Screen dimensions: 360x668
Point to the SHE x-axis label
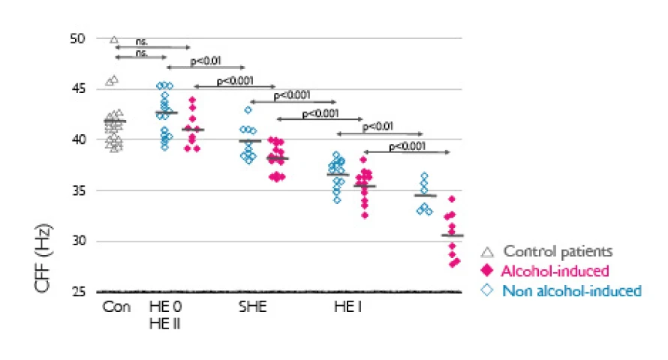click(251, 307)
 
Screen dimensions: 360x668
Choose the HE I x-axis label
click(348, 307)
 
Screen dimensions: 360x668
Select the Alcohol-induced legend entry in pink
click(555, 271)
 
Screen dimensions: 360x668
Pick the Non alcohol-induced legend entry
click(572, 290)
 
